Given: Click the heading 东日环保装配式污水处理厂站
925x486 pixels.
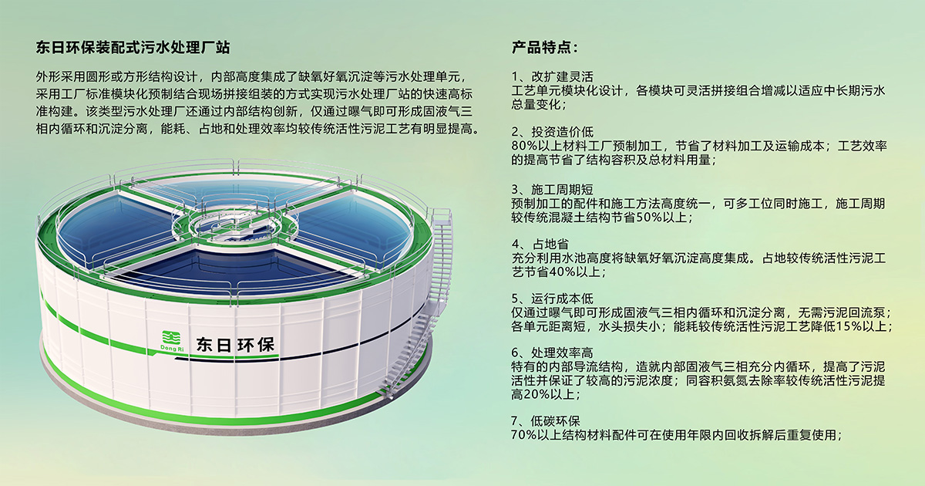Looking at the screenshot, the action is [133, 48].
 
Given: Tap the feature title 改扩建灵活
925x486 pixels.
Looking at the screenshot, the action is [563, 76].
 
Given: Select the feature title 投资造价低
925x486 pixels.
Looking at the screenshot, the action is [563, 132].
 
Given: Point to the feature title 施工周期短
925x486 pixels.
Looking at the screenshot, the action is [563, 189].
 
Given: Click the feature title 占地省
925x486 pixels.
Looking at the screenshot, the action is [550, 245].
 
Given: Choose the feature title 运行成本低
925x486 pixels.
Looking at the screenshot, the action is [563, 299].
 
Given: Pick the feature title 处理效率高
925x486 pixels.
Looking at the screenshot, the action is [563, 353].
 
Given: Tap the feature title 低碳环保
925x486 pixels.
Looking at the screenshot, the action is [556, 421].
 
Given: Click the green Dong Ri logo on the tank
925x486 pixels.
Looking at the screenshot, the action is [172, 341].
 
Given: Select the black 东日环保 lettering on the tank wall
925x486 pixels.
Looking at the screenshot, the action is [235, 345].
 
